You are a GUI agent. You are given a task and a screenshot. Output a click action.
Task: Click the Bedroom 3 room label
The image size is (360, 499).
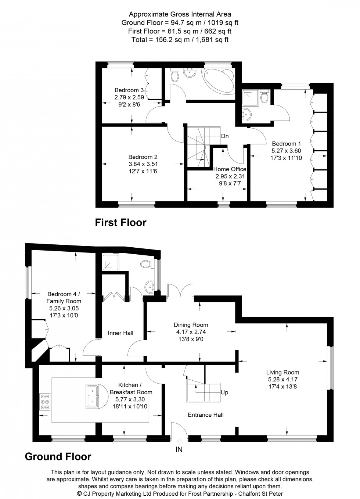(129, 90)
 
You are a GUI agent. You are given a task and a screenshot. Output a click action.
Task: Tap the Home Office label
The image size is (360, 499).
(230, 169)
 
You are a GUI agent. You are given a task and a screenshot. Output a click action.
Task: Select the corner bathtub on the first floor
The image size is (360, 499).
(219, 80)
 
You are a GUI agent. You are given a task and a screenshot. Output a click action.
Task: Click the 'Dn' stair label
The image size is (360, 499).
(225, 136)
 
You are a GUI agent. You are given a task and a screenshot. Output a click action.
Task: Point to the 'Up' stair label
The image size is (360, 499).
(224, 392)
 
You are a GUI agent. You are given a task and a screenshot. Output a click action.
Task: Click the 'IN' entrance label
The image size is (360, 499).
(179, 449)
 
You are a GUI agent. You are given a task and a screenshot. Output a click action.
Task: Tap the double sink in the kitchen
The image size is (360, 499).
(93, 396)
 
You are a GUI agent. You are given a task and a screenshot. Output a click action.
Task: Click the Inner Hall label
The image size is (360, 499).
(120, 333)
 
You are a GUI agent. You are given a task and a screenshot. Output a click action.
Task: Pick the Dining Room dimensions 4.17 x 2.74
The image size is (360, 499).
(191, 332)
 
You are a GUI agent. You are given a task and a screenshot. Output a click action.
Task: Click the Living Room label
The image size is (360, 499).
(283, 372)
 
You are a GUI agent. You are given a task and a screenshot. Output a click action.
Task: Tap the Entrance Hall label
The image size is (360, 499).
(206, 415)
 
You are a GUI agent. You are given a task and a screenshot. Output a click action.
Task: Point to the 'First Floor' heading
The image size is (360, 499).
(120, 223)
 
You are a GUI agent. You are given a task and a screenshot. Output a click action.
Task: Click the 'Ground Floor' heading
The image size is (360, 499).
(58, 457)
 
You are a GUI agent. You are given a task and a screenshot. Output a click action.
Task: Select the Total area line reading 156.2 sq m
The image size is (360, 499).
(180, 40)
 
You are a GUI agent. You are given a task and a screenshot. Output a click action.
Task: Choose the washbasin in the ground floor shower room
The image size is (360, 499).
(150, 287)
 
